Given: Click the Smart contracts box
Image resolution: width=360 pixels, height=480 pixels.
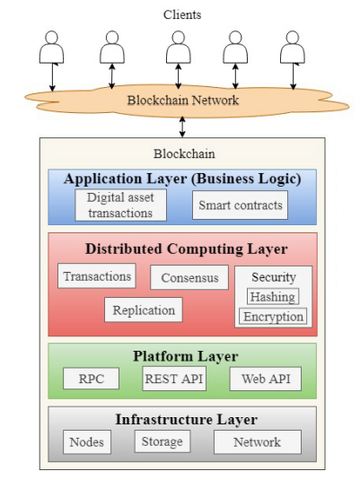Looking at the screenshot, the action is pyautogui.click(x=241, y=205).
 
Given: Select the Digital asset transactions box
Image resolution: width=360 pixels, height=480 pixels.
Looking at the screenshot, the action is pyautogui.click(x=120, y=205).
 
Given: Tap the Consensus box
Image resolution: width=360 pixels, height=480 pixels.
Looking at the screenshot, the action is pyautogui.click(x=189, y=277).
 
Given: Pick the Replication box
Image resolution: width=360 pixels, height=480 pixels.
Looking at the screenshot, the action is pyautogui.click(x=144, y=310).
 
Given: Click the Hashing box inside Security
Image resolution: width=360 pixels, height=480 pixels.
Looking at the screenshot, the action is pyautogui.click(x=273, y=297).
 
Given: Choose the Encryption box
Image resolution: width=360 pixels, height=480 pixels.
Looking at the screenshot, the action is pyautogui.click(x=273, y=316).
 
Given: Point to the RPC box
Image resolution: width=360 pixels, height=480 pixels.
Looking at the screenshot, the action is pyautogui.click(x=91, y=379).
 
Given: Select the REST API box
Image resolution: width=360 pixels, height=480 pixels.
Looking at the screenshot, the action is pyautogui.click(x=174, y=379).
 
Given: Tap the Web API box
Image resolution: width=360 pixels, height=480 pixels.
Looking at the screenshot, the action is pyautogui.click(x=266, y=379).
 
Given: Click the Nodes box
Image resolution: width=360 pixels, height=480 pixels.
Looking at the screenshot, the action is pyautogui.click(x=87, y=442).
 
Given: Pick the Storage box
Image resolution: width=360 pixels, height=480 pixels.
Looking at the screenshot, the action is pyautogui.click(x=162, y=441).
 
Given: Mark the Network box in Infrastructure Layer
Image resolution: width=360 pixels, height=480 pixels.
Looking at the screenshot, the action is pyautogui.click(x=258, y=442).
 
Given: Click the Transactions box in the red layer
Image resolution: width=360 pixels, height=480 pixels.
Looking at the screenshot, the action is pyautogui.click(x=97, y=275).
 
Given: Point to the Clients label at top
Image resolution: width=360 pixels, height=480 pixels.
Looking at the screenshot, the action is pyautogui.click(x=182, y=14).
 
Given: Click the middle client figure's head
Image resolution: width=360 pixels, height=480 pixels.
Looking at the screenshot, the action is pyautogui.click(x=179, y=37).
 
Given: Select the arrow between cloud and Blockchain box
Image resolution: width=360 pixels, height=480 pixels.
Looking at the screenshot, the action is pyautogui.click(x=182, y=127).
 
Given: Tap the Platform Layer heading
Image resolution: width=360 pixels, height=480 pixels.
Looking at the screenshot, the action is pyautogui.click(x=186, y=356).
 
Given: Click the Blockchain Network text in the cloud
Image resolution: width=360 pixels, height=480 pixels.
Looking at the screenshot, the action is pyautogui.click(x=183, y=100).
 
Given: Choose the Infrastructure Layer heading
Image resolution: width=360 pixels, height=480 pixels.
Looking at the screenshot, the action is pyautogui.click(x=186, y=419).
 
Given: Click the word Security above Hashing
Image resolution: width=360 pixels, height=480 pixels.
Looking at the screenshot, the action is pyautogui.click(x=274, y=277).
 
